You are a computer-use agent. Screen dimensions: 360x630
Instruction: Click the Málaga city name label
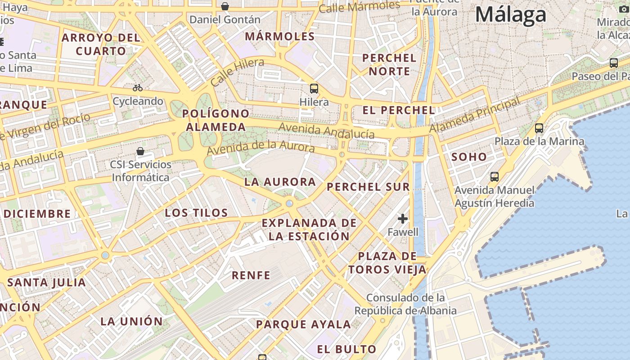pyautogui.click(x=511, y=15)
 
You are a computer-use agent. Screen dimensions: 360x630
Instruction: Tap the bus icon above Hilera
pyautogui.click(x=314, y=89)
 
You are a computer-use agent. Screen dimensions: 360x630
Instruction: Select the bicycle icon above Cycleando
pyautogui.click(x=138, y=88)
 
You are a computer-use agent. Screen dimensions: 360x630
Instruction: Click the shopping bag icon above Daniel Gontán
pyautogui.click(x=225, y=6)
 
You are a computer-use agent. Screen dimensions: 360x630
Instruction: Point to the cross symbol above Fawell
pyautogui.click(x=403, y=219)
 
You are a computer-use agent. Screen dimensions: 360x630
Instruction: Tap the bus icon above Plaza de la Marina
pyautogui.click(x=539, y=128)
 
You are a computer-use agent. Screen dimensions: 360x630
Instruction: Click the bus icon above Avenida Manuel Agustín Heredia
pyautogui.click(x=495, y=177)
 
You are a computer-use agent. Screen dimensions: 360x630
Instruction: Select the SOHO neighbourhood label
pyautogui.click(x=469, y=157)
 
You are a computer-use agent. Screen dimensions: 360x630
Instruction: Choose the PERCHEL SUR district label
pyautogui.click(x=369, y=187)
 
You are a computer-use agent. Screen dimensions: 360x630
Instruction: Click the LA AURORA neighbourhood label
pyautogui.click(x=280, y=182)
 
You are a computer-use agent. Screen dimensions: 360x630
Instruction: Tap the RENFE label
pyautogui.click(x=251, y=275)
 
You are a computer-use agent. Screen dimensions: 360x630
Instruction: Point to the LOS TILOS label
pyautogui.click(x=196, y=213)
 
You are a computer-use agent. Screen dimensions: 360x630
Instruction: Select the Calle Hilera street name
pyautogui.click(x=237, y=72)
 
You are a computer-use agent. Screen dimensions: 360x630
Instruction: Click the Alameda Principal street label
pyautogui.click(x=475, y=115)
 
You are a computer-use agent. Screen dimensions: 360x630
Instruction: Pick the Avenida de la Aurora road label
pyautogui.click(x=261, y=147)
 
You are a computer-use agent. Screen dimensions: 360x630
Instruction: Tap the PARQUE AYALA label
pyautogui.click(x=303, y=324)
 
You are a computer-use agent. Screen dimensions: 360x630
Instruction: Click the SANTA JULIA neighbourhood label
pyautogui.click(x=47, y=283)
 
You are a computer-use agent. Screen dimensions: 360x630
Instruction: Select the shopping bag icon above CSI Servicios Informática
pyautogui.click(x=140, y=151)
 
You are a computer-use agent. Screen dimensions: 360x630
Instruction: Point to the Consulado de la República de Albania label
pyautogui.click(x=405, y=304)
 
